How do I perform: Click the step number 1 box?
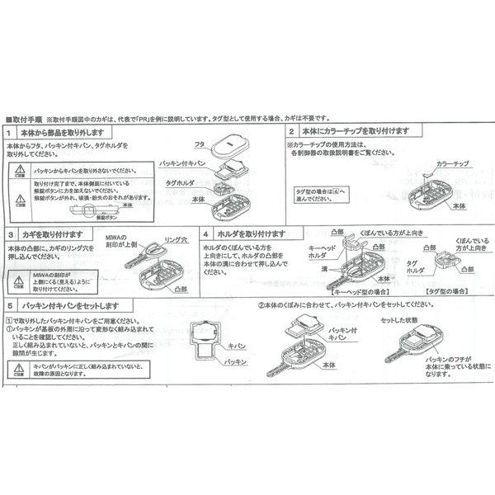pyautogui.click(x=8, y=133)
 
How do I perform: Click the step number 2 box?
pyautogui.click(x=290, y=131)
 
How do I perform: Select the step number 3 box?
pyautogui.click(x=8, y=235)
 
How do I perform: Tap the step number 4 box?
pyautogui.click(x=205, y=235)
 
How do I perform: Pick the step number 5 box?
pyautogui.click(x=8, y=304)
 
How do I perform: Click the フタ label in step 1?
pyautogui.click(x=200, y=144)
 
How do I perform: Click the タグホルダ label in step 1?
pyautogui.click(x=180, y=182)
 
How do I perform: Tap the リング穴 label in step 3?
pyautogui.click(x=177, y=239)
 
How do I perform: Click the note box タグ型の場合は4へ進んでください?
pyautogui.click(x=316, y=194)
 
